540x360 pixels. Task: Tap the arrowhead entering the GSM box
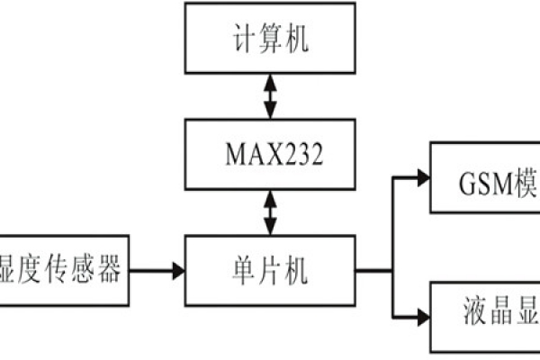(x=421, y=176)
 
